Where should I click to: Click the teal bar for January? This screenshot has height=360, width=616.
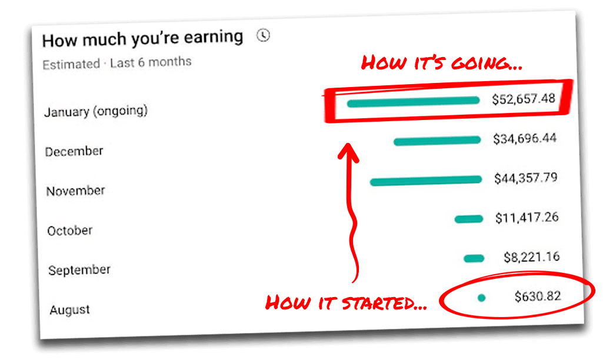point(413,102)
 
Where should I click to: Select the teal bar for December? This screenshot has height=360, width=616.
point(437,141)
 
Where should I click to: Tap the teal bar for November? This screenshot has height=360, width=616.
point(426,181)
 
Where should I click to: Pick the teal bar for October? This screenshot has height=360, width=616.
point(469,219)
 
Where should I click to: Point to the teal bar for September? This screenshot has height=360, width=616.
point(474,258)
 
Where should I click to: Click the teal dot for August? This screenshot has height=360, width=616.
point(481,298)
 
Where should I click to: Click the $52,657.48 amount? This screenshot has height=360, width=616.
point(524,99)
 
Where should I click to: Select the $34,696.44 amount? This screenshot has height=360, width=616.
point(525,138)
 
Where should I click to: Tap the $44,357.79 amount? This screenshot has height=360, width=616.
point(525,178)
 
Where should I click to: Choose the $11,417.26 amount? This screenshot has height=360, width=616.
point(527,217)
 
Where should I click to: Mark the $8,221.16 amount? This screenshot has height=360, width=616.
point(531,256)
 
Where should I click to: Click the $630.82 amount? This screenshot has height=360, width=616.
point(537,296)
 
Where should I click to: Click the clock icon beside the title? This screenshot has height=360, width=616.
point(263,35)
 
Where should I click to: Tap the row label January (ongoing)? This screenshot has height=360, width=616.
point(96,111)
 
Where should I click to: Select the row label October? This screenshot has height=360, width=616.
point(70,231)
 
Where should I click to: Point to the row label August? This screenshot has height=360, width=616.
point(70,310)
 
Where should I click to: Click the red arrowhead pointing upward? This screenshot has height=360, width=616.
point(348,152)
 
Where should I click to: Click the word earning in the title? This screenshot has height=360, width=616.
point(214,37)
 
